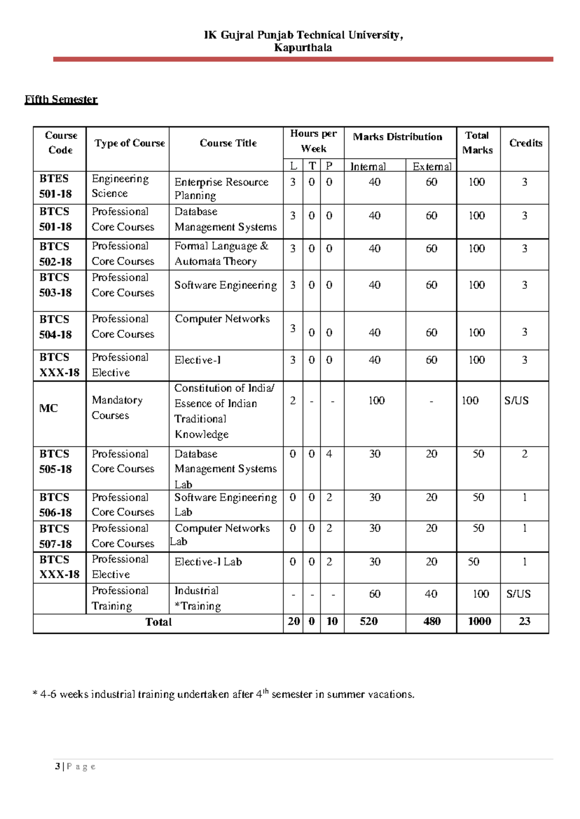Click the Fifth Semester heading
(x=61, y=100)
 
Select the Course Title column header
(x=228, y=143)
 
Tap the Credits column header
(x=525, y=143)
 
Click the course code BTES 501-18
(x=55, y=186)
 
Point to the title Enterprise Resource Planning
(x=221, y=189)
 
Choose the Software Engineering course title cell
(x=225, y=285)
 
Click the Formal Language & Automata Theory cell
(x=221, y=253)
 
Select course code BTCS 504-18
(x=55, y=327)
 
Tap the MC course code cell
(x=48, y=409)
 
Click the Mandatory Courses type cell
(x=117, y=408)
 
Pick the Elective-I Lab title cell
(x=208, y=562)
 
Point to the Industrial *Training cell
(x=197, y=599)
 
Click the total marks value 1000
(x=479, y=622)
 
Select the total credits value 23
(x=524, y=622)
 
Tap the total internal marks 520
(x=368, y=622)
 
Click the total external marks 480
(x=432, y=622)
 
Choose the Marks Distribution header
(x=397, y=137)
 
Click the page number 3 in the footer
(x=58, y=766)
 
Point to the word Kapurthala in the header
(x=303, y=48)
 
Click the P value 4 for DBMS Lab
(x=329, y=454)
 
